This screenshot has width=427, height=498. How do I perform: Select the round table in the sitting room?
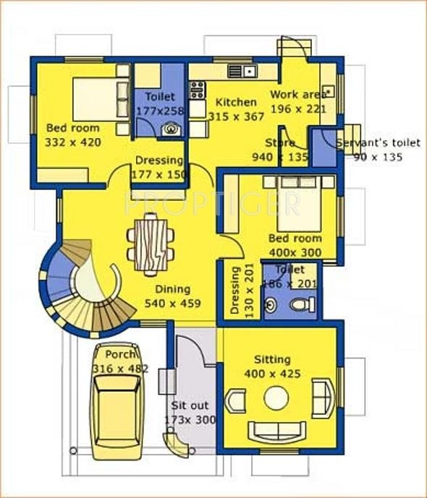(x=276, y=398)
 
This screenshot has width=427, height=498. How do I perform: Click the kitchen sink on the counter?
(x=240, y=71)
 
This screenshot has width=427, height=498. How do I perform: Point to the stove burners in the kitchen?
(x=197, y=90)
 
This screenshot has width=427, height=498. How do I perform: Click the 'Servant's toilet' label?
(x=378, y=143)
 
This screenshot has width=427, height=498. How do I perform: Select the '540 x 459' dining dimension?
(x=172, y=304)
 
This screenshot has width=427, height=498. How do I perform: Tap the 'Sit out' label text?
(x=186, y=405)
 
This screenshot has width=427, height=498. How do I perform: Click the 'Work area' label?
(x=297, y=95)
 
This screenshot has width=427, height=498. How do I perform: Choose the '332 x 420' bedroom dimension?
(x=73, y=142)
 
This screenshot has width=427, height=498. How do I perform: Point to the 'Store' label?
(x=279, y=143)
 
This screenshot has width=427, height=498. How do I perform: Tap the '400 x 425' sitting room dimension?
(x=272, y=374)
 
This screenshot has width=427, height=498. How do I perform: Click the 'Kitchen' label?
(x=236, y=102)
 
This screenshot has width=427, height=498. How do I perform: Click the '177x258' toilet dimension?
(x=160, y=111)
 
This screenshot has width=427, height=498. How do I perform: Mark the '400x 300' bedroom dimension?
(x=295, y=252)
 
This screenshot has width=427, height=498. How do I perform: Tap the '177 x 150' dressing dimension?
(x=159, y=175)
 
